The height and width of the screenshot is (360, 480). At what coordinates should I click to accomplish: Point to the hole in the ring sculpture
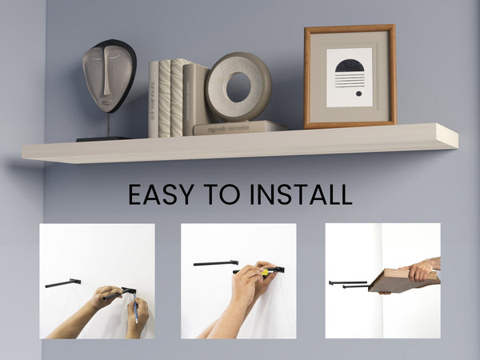(238, 87)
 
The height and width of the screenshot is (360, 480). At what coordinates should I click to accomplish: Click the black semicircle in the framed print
(350, 66)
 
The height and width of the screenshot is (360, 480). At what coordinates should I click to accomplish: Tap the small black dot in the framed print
(358, 94)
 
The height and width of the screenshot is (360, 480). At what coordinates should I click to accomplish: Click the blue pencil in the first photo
(135, 309)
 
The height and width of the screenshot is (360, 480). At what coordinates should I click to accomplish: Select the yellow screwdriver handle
(265, 272)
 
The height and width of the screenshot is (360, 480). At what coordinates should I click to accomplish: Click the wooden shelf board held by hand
(403, 280)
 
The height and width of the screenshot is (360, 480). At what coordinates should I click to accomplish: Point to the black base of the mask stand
(102, 139)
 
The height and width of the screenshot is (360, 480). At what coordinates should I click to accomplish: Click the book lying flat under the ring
(239, 127)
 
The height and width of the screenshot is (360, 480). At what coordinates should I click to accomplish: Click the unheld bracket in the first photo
(63, 283)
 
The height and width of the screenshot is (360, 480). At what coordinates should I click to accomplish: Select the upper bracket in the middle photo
(216, 263)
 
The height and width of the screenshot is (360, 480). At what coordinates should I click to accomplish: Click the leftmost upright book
(154, 99)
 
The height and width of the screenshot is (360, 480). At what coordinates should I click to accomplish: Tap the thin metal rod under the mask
(108, 125)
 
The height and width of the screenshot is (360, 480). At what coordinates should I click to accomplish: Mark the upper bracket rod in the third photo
(348, 283)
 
